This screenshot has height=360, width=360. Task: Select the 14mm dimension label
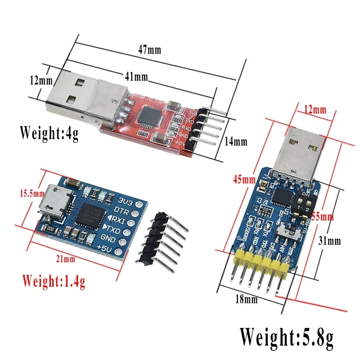[236, 142]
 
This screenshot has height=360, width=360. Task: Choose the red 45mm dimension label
[243, 180]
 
